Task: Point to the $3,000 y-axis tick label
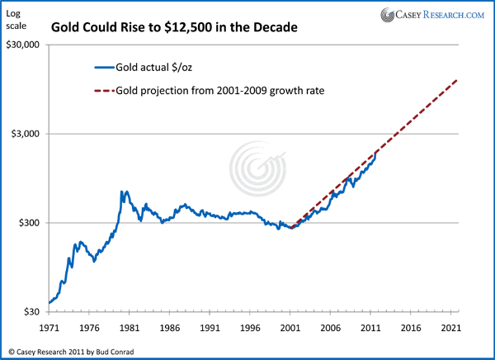tap(25, 134)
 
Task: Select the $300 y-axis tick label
tap(28, 223)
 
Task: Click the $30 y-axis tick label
tap(31, 311)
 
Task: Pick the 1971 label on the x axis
tap(49, 327)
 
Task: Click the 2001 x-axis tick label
tap(291, 327)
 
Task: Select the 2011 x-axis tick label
tap(371, 327)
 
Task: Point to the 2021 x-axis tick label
tap(452, 327)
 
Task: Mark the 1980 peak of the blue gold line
tap(123, 192)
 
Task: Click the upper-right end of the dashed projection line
tap(456, 80)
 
